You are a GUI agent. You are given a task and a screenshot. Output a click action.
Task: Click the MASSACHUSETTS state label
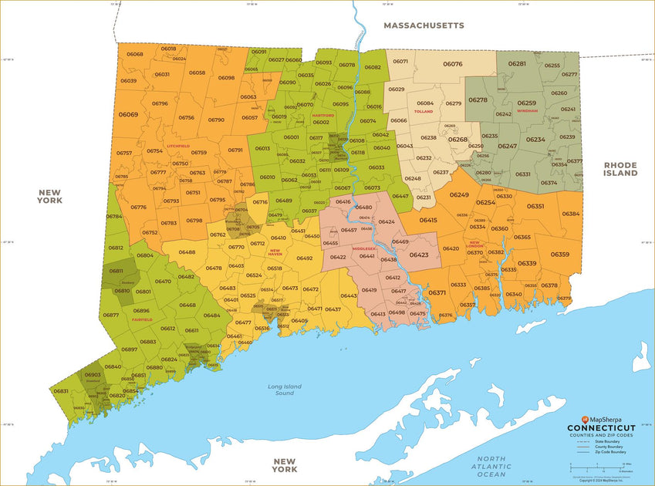click(x=424, y=25)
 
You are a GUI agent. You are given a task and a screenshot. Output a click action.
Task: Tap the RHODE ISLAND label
click(x=620, y=169)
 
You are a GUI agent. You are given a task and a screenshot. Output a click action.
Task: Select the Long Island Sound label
click(x=285, y=390)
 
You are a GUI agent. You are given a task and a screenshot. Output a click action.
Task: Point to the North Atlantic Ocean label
click(x=493, y=466)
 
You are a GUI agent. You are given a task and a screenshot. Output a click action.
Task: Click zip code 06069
click(x=128, y=114)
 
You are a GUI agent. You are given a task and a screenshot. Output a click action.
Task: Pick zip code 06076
click(x=453, y=64)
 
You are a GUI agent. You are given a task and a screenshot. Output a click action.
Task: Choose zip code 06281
click(x=517, y=63)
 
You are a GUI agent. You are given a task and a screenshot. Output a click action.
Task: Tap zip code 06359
click(x=559, y=255)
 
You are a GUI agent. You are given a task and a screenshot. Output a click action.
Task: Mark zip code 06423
click(x=419, y=255)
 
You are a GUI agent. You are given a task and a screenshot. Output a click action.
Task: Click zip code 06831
click(x=61, y=391)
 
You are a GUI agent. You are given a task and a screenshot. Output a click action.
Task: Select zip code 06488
click(x=187, y=252)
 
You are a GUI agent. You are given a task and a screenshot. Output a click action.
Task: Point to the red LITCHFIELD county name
click(x=178, y=145)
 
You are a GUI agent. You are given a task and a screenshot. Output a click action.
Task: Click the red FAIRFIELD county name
click(x=142, y=319)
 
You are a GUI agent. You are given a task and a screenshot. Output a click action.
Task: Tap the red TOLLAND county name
click(x=424, y=111)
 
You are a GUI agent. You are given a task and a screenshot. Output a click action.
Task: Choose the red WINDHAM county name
click(x=528, y=110)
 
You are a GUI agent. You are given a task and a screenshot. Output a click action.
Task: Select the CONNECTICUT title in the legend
click(x=601, y=428)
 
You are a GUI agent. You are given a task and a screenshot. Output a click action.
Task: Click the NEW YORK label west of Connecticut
click(x=49, y=196)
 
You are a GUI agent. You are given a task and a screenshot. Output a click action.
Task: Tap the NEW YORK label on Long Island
click(x=285, y=464)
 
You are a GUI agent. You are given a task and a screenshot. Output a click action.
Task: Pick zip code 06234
click(x=535, y=140)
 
